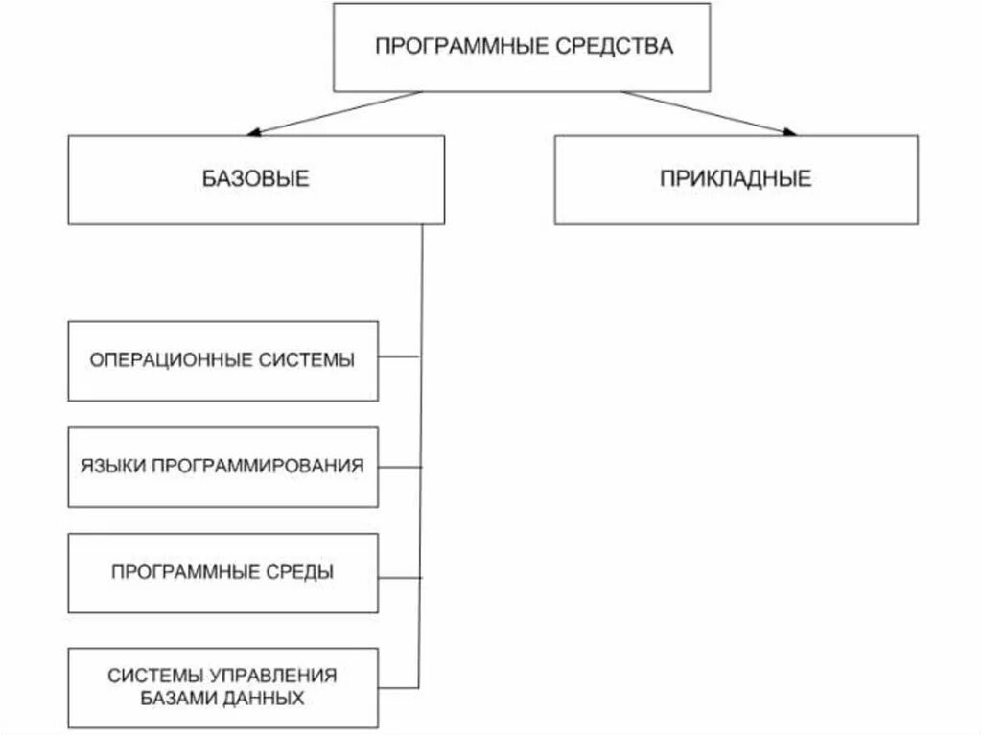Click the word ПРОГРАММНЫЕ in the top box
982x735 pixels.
(x=458, y=46)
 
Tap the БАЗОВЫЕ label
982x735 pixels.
(x=256, y=179)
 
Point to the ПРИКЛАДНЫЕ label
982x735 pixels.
(x=736, y=179)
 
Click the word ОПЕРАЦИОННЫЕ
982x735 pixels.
(x=171, y=360)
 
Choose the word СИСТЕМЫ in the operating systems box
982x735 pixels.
(x=306, y=360)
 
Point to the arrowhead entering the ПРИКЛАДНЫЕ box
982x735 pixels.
(x=787, y=131)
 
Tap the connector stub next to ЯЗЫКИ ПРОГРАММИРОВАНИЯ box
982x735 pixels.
(x=399, y=467)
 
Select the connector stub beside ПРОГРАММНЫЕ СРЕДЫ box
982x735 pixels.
(x=399, y=576)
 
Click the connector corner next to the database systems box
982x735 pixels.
(x=419, y=684)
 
